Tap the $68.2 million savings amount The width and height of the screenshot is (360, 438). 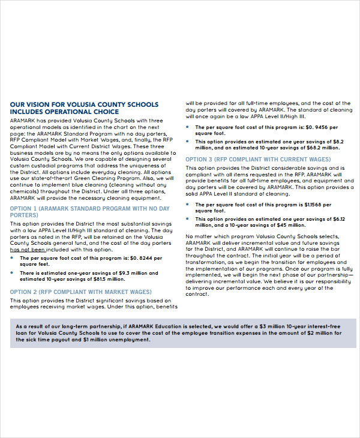[x=310, y=147]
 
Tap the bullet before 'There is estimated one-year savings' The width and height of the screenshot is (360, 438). [x=13, y=273]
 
